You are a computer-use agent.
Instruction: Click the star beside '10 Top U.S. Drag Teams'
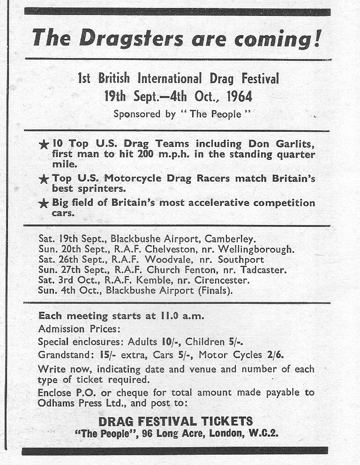[x=44, y=145]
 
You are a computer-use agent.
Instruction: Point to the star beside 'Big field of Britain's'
[x=44, y=203]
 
